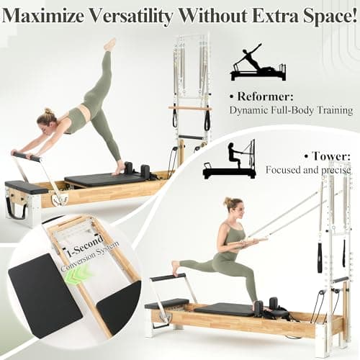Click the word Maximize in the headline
click(44, 16)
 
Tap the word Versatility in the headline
click(132, 16)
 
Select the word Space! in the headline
click(330, 17)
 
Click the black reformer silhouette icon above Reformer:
click(258, 62)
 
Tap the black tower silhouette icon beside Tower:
click(229, 159)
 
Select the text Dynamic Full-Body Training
click(291, 111)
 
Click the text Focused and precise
click(308, 170)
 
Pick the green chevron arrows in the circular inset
click(76, 276)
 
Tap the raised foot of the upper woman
click(110, 45)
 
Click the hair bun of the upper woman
click(48, 111)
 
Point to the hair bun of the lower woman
click(228, 201)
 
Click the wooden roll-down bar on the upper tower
click(189, 108)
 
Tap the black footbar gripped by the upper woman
click(27, 156)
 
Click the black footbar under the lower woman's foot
click(168, 276)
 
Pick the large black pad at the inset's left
click(45, 296)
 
